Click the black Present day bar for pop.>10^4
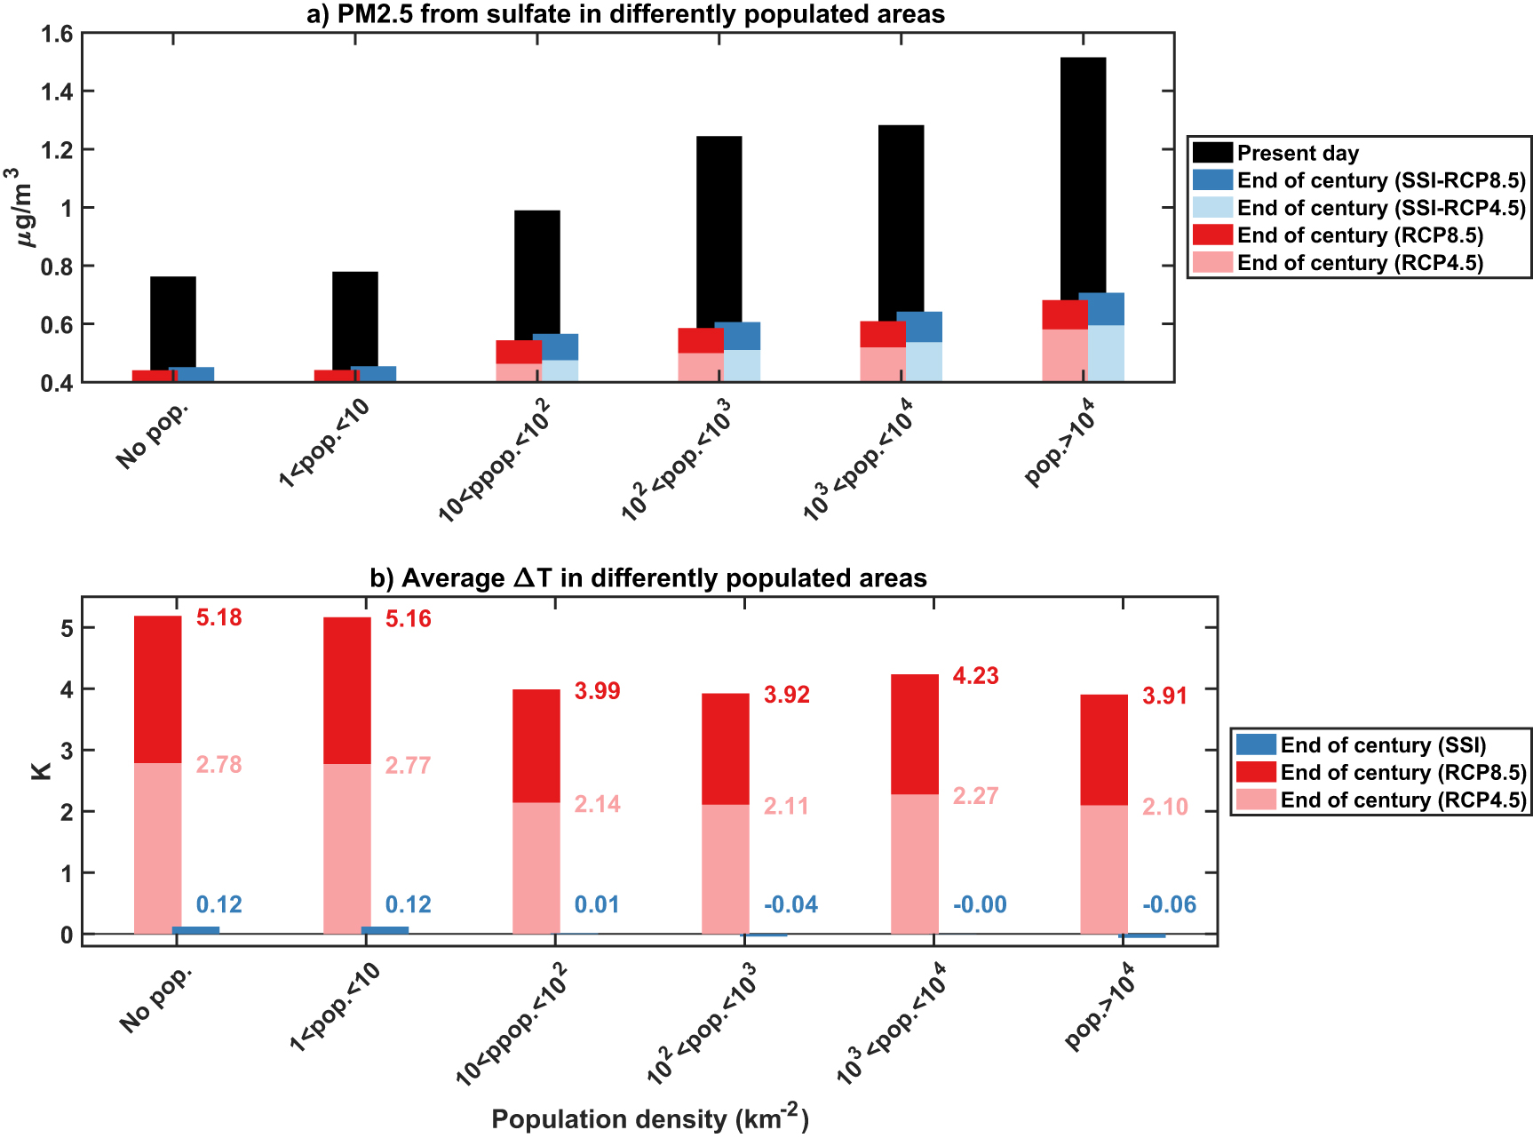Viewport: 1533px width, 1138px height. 1083,178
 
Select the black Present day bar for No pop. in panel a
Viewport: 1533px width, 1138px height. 173,322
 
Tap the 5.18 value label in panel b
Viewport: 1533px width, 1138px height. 218,617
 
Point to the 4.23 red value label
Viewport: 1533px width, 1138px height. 975,676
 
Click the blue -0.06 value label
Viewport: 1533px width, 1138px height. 1169,905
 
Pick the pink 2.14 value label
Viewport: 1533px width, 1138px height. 597,805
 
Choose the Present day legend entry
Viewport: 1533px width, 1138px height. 1298,153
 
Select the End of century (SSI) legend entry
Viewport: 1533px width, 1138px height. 1382,745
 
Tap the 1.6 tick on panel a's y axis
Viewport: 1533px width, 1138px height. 57,35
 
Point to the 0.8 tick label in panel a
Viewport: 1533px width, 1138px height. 57,267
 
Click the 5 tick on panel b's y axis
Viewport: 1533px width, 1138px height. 66,628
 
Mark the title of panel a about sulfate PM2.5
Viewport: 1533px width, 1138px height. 625,14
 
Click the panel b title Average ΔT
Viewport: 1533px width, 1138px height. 648,578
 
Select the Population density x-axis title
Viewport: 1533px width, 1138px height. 650,1118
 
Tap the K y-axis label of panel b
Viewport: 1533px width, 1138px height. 41,767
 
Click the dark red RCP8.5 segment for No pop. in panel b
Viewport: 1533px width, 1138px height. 157,688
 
